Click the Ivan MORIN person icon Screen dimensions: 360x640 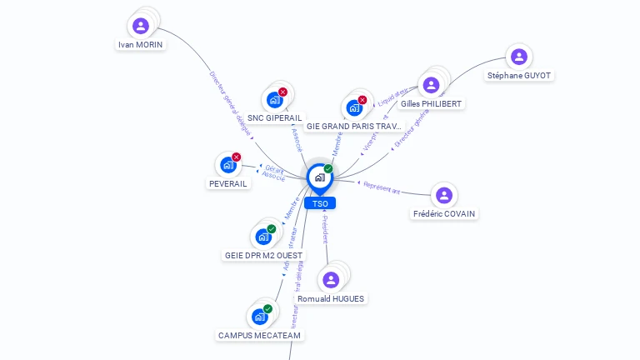coord(141,26)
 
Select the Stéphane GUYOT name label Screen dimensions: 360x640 coord(519,75)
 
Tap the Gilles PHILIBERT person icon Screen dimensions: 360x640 coord(431,85)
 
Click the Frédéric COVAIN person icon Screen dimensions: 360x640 coord(444,196)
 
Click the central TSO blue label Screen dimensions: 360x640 coord(320,203)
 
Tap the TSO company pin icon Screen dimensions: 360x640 coord(319,177)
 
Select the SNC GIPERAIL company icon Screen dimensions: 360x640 coord(273,100)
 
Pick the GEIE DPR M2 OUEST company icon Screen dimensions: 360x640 coord(262,237)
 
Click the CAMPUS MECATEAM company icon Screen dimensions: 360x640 coord(259,317)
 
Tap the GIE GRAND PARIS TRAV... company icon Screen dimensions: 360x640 coord(353,108)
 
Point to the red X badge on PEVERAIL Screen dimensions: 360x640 coord(237,157)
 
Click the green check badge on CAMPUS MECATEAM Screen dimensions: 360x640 coord(267,308)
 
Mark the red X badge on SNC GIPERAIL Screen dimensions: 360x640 coord(282,92)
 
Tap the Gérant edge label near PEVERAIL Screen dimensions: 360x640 coord(274,169)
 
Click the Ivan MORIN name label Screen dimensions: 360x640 coord(141,44)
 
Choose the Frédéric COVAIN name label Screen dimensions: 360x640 coord(444,214)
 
